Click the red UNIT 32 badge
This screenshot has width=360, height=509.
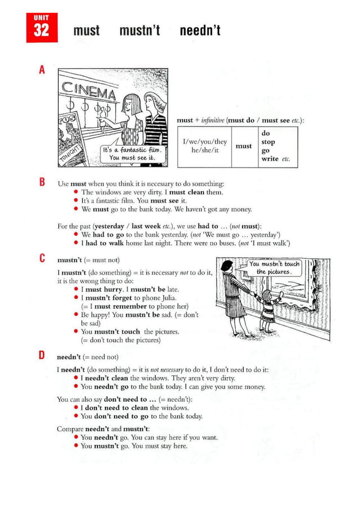(42, 28)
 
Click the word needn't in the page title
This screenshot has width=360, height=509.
(200, 30)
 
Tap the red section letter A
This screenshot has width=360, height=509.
(42, 71)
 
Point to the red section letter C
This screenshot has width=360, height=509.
(42, 259)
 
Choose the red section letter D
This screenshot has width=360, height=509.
(42, 355)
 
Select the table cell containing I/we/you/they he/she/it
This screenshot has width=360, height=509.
(204, 147)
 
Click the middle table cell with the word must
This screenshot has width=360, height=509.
(243, 146)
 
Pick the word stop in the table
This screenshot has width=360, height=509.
(269, 142)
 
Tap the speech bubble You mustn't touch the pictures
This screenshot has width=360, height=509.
(275, 267)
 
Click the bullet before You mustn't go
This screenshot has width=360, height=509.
(76, 446)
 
